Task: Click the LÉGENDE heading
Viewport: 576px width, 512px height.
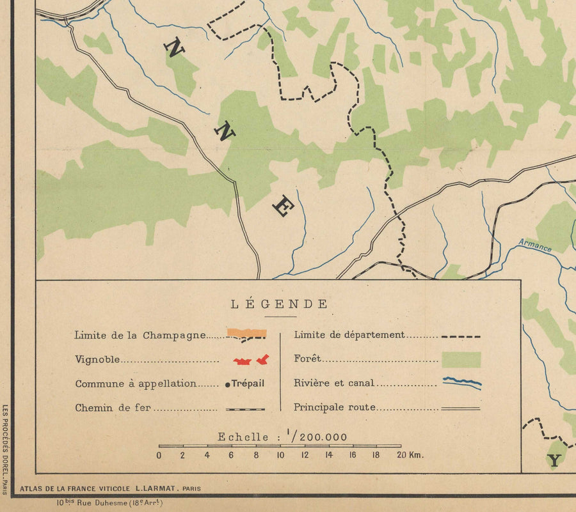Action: [279, 304]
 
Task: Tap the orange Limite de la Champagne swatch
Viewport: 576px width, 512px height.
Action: [246, 333]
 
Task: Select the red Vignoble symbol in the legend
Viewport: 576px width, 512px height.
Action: [251, 361]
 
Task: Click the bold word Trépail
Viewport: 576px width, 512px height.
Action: [248, 384]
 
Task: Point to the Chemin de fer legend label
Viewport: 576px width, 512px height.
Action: [113, 408]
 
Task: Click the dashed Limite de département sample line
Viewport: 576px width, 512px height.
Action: [461, 336]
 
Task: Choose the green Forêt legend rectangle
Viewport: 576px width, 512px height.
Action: [461, 359]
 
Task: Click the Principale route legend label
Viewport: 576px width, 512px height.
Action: [335, 407]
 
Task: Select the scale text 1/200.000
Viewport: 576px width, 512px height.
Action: [318, 437]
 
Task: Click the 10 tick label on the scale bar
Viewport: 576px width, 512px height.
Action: [280, 455]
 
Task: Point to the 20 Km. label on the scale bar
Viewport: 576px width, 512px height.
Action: [410, 455]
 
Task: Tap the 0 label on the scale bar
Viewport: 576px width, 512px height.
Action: [159, 455]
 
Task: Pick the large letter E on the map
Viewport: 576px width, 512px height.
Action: [283, 206]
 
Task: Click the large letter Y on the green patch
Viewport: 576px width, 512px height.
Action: [554, 460]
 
